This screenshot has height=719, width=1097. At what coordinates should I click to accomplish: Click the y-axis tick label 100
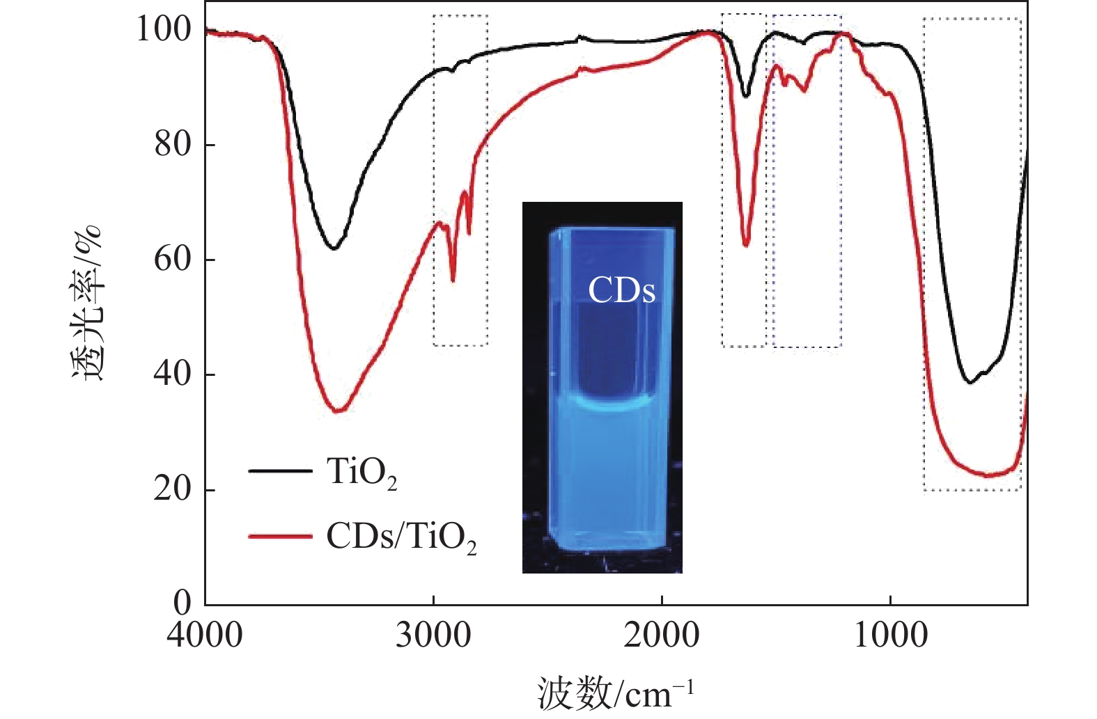point(163,29)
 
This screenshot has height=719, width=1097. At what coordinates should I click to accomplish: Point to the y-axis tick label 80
point(173,144)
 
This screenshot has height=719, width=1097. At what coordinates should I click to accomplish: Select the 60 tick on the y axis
point(173,259)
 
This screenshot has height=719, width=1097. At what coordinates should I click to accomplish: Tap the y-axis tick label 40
point(173,374)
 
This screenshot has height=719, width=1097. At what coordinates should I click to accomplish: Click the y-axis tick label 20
point(173,489)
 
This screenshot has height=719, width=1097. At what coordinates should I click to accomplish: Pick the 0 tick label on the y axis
point(182,603)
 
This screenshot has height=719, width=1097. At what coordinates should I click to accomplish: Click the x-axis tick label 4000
point(205,635)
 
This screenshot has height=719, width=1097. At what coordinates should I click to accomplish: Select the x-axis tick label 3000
point(433,635)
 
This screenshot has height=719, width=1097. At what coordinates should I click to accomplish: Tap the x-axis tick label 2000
point(662,635)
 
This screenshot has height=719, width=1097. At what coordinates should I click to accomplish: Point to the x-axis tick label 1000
point(891,635)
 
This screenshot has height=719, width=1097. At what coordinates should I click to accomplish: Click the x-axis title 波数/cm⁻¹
point(616,693)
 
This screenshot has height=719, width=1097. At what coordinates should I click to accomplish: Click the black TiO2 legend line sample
point(280,471)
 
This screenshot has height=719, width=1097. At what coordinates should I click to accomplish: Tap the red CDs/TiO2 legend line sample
point(280,536)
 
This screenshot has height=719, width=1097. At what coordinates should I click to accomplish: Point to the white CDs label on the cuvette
point(621,290)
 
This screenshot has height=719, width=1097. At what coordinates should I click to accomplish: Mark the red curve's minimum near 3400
point(339,411)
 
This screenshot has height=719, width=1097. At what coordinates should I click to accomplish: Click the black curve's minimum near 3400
point(335,248)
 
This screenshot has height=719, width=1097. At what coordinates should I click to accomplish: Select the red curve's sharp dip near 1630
point(746,245)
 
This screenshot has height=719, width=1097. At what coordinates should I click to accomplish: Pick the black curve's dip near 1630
point(746,96)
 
